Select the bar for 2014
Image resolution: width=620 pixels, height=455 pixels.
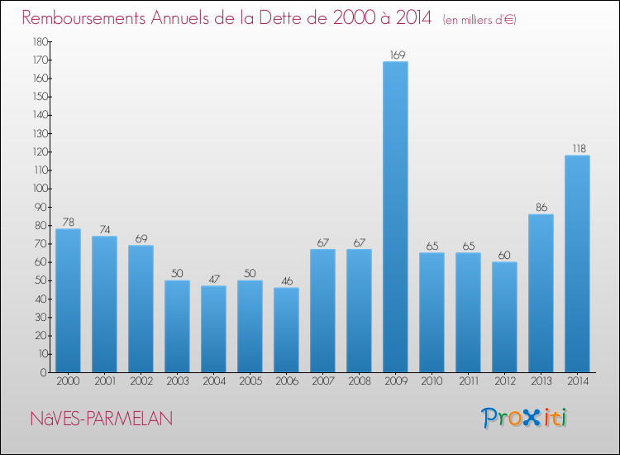click(577, 264)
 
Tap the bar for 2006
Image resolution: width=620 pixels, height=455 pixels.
click(286, 330)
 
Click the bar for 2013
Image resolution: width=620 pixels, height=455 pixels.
click(541, 293)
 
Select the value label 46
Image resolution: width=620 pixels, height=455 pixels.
click(286, 281)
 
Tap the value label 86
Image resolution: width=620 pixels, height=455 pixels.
click(541, 208)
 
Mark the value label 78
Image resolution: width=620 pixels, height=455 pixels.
click(68, 223)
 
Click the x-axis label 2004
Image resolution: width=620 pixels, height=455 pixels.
click(213, 381)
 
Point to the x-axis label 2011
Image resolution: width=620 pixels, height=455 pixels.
click(468, 381)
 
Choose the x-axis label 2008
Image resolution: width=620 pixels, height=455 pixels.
click(359, 381)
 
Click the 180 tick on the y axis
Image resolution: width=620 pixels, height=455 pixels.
click(38, 41)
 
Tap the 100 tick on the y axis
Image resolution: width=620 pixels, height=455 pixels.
click(38, 189)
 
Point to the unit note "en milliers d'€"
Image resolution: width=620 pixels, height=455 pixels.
click(479, 19)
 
